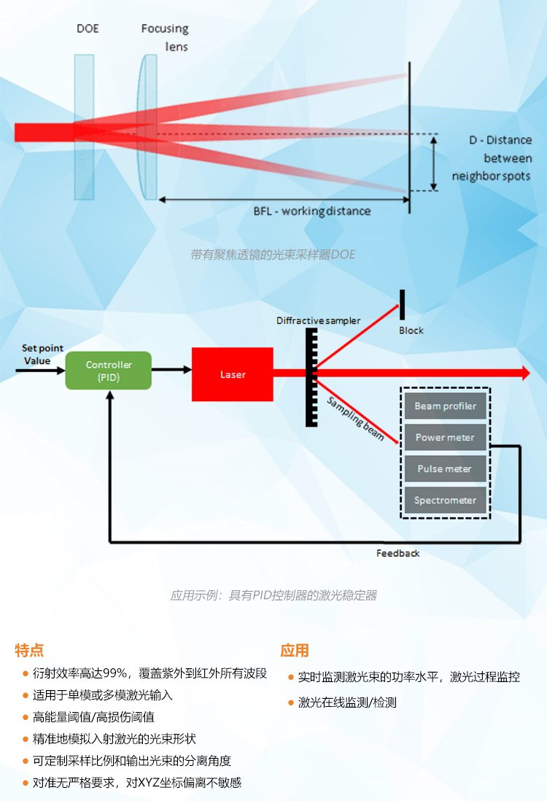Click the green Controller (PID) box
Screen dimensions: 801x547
pos(109,371)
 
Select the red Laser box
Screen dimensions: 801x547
pos(233,374)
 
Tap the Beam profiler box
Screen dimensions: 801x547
pos(445,406)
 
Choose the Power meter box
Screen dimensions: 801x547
pos(445,438)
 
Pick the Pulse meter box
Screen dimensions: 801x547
pos(445,469)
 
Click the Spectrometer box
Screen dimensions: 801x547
pos(445,500)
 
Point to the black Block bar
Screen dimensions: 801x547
pos(401,304)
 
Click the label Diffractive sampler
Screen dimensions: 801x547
pos(318,321)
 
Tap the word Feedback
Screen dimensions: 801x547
pos(397,553)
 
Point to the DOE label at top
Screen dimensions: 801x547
pos(88,29)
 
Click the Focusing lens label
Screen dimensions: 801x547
pos(165,37)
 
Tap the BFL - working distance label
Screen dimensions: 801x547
pos(311,212)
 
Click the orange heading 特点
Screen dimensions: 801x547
pos(30,650)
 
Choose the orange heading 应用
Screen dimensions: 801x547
pos(295,650)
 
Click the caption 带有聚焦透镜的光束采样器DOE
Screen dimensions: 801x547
pos(273,255)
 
